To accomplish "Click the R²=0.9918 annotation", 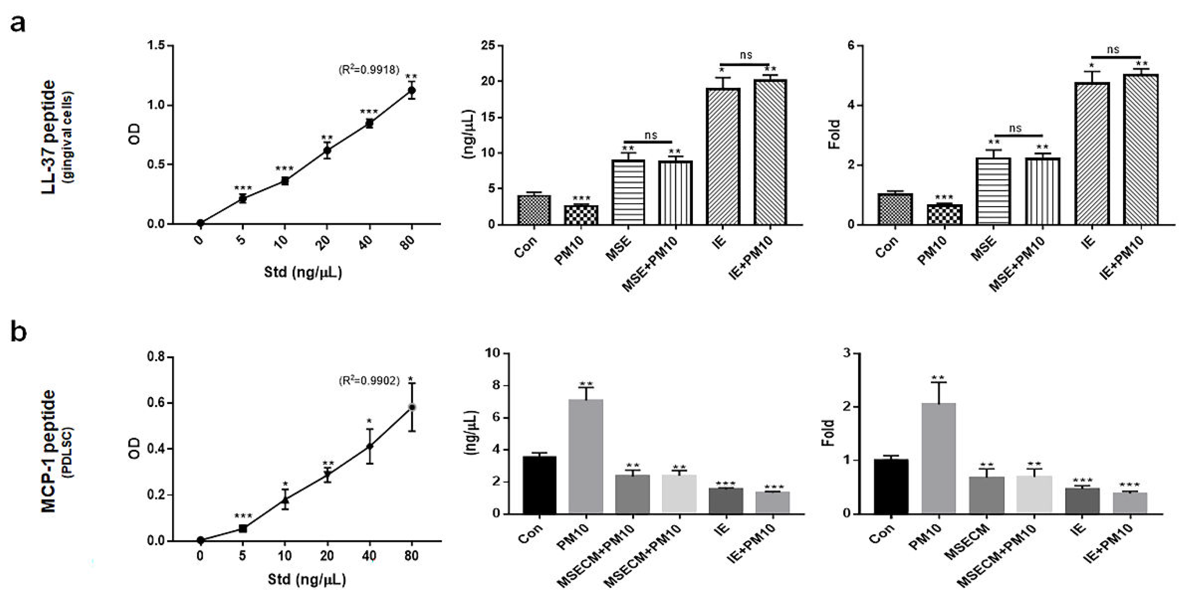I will coord(369,70).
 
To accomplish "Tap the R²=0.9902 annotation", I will coord(369,381).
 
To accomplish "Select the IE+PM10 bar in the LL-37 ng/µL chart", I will coord(770,151).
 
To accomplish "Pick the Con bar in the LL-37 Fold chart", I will coord(895,209).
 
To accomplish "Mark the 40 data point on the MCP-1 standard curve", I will coord(369,446).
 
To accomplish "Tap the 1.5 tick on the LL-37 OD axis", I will coord(156,45).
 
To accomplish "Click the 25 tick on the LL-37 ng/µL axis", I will coord(488,45).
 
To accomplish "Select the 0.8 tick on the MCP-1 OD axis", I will coord(156,357).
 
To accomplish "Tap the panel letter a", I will coord(18,23).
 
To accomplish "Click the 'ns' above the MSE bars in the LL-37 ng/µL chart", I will coord(650,135).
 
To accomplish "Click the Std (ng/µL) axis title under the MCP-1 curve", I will coord(307,579).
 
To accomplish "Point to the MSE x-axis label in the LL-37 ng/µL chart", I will coord(618,248).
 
